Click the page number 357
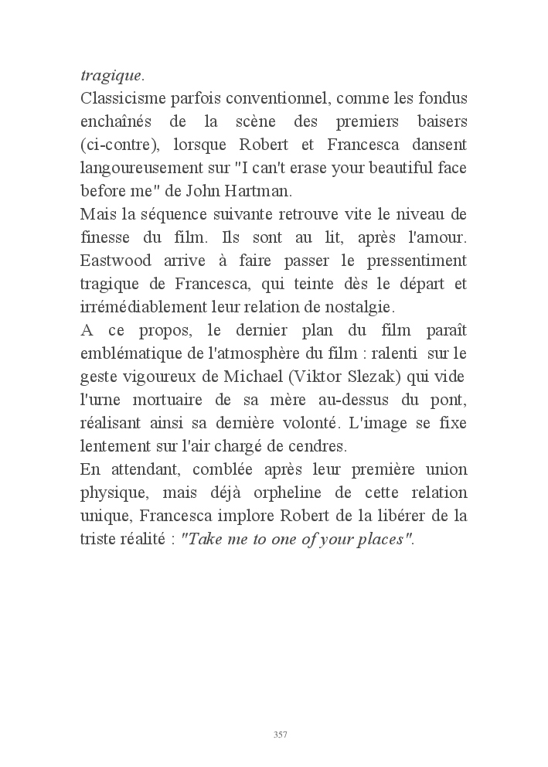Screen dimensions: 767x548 pyautogui.click(x=281, y=734)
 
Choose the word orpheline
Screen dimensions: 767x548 pyautogui.click(x=334, y=493)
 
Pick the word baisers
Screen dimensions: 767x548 pyautogui.click(x=439, y=122)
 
